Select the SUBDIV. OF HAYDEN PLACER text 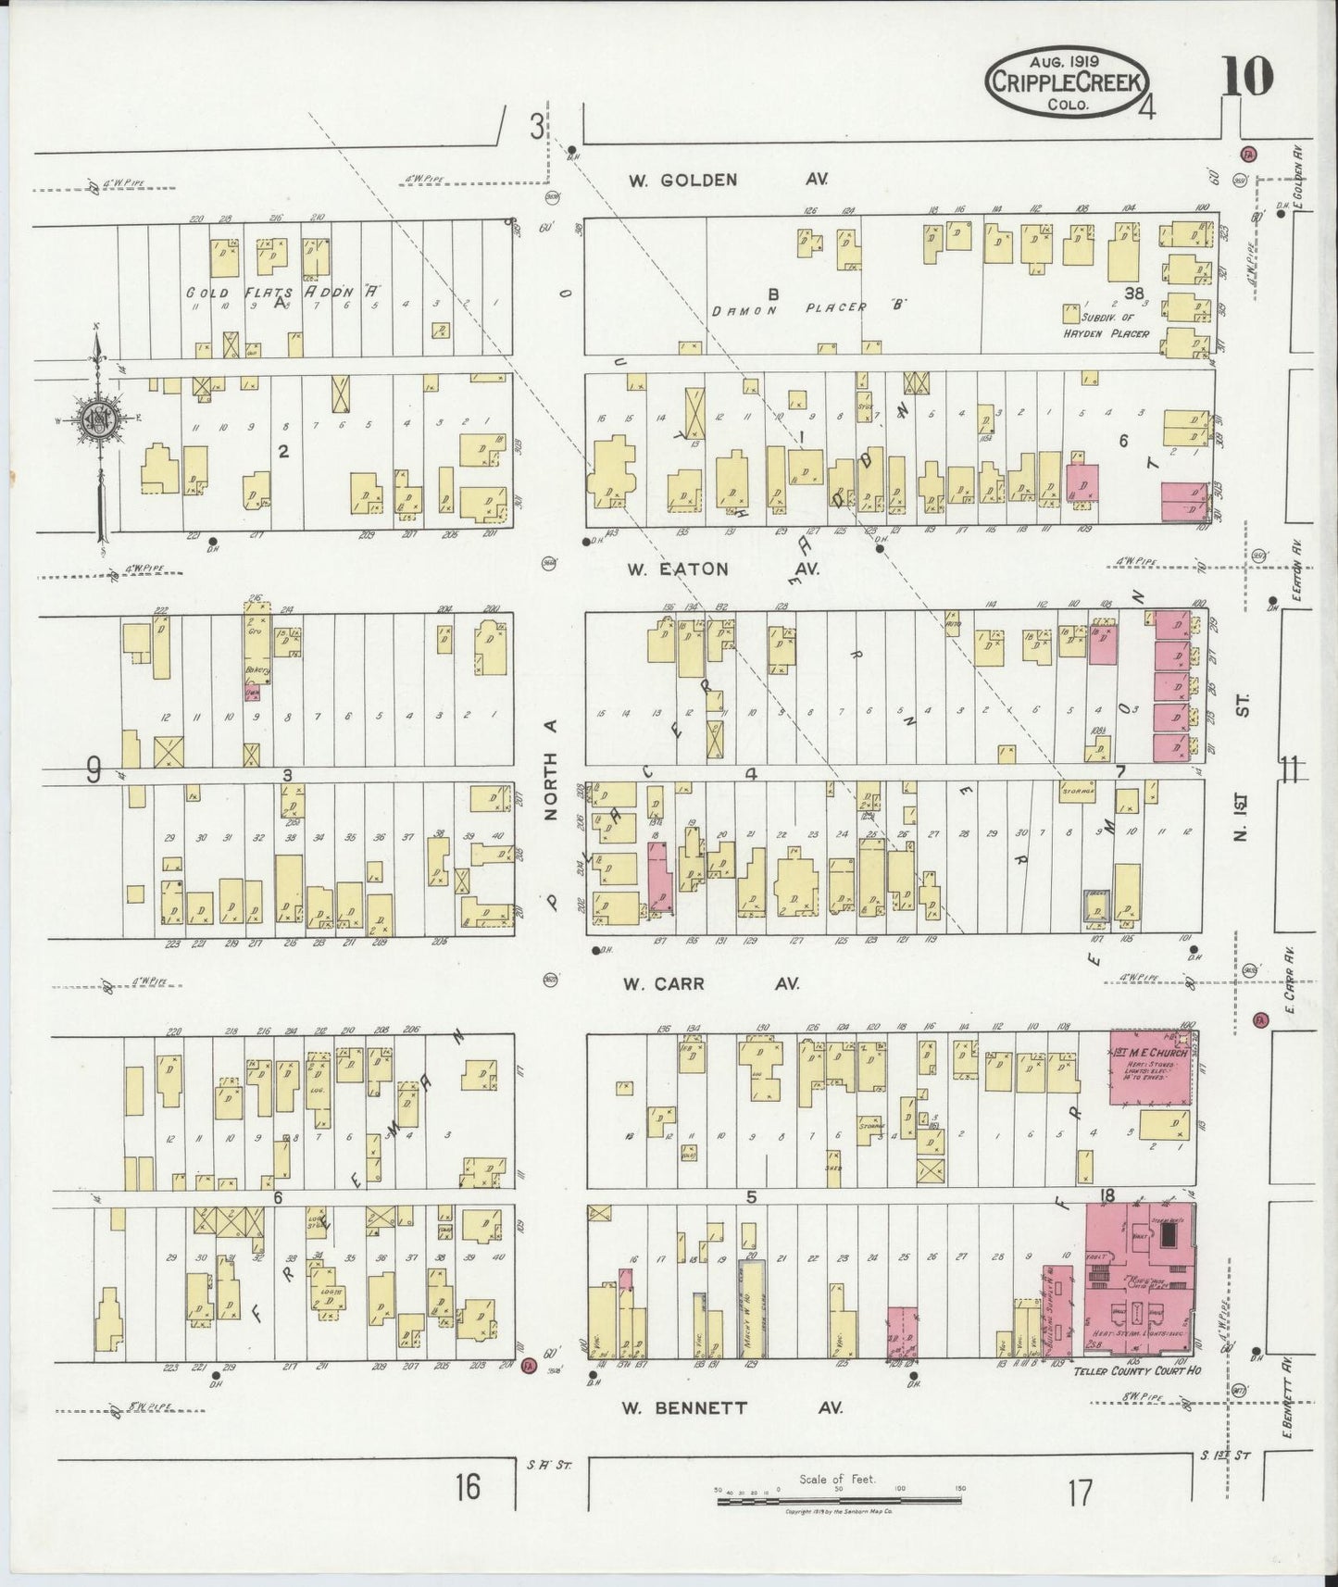[1109, 325]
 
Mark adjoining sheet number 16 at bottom [468, 1487]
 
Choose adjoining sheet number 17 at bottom [1079, 1493]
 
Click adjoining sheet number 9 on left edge [94, 770]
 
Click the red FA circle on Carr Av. [1259, 1019]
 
